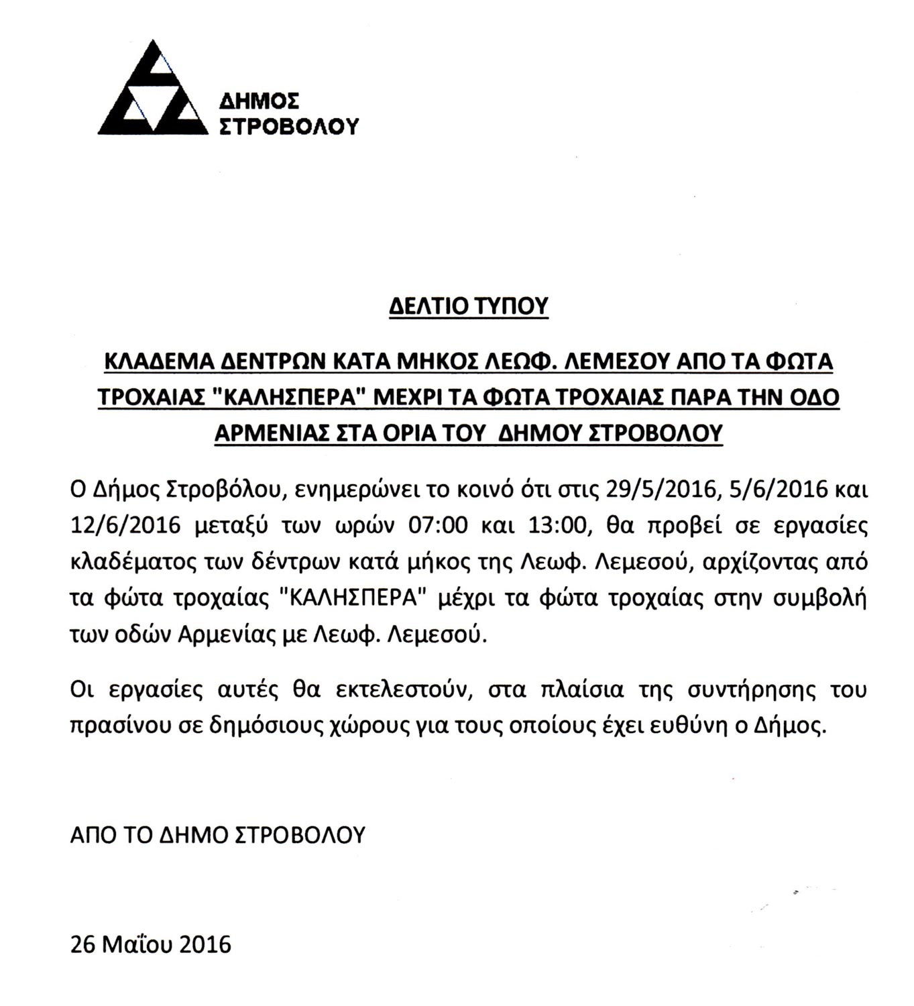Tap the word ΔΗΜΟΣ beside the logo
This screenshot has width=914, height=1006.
[x=260, y=101]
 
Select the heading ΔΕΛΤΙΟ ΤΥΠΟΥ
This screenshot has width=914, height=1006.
[x=469, y=306]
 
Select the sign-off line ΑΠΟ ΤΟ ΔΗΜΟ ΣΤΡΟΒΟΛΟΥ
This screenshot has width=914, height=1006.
[x=217, y=834]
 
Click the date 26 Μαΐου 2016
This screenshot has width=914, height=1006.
[x=150, y=944]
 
